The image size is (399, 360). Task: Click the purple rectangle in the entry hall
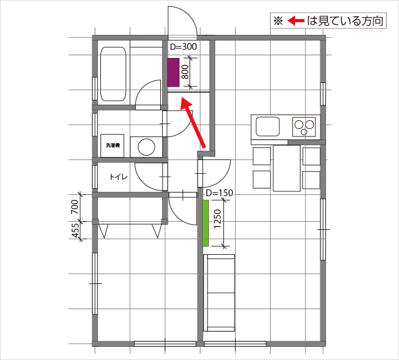pyautogui.click(x=173, y=72)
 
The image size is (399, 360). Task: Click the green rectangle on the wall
pyautogui.click(x=206, y=223)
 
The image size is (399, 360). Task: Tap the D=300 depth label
pyautogui.click(x=183, y=47)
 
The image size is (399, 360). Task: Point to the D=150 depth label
pyautogui.click(x=219, y=193)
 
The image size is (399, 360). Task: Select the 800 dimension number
pyautogui.click(x=186, y=72)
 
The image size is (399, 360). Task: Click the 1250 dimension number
pyautogui.click(x=218, y=219)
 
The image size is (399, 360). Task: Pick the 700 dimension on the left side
pyautogui.click(x=75, y=207)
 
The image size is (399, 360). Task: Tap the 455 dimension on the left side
pyautogui.click(x=76, y=230)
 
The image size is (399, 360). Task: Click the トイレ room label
pyautogui.click(x=118, y=177)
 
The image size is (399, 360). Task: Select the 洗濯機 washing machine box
pyautogui.click(x=112, y=146)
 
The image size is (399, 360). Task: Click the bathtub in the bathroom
pyautogui.click(x=113, y=73)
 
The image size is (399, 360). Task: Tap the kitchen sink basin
pyautogui.click(x=267, y=126)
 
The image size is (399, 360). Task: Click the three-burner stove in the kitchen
pyautogui.click(x=304, y=126)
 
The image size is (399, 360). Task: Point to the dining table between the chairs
pyautogui.click(x=287, y=168)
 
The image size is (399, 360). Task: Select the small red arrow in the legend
pyautogui.click(x=296, y=21)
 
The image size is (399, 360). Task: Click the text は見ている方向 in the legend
pyautogui.click(x=345, y=21)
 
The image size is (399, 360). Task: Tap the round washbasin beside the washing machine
pyautogui.click(x=147, y=147)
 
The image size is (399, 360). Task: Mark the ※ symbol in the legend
pyautogui.click(x=279, y=21)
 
